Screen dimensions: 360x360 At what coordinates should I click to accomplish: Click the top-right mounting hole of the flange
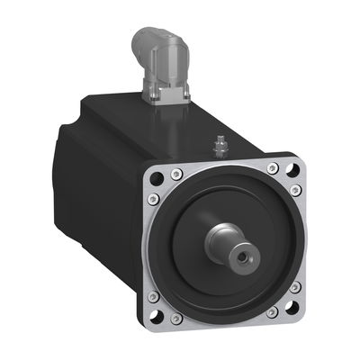(x=291, y=166)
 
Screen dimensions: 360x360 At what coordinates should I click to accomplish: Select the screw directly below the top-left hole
(x=155, y=198)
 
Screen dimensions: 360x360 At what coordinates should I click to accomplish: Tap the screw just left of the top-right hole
(x=273, y=167)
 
